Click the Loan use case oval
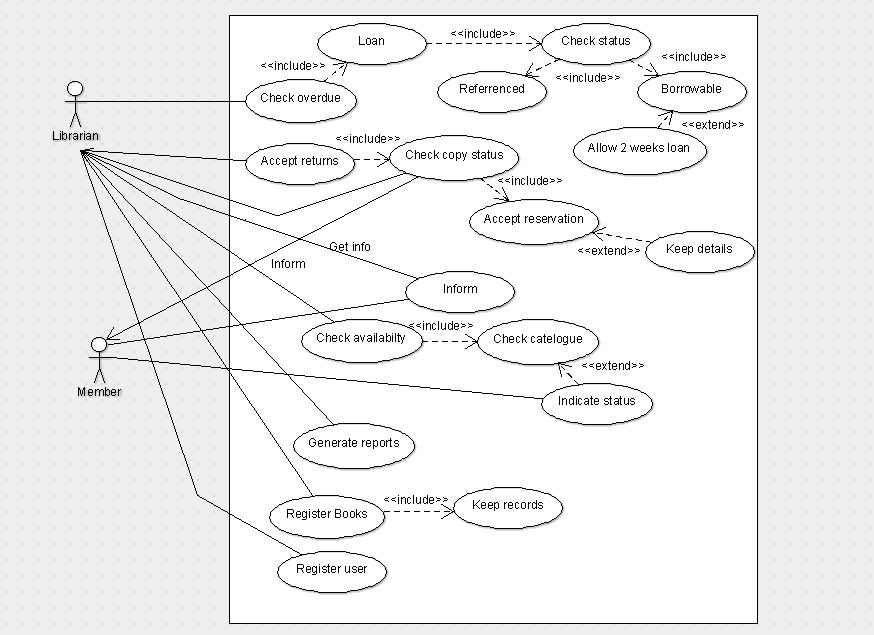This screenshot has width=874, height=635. click(x=371, y=42)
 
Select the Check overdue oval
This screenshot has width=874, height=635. click(x=300, y=99)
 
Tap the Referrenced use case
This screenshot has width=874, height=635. click(x=492, y=89)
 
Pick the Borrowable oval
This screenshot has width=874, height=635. click(x=691, y=89)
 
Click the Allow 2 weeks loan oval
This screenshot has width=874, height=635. click(x=640, y=149)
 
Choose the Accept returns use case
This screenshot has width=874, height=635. click(x=300, y=161)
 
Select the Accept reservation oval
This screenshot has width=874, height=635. click(x=533, y=219)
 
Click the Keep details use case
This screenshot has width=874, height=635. click(x=699, y=249)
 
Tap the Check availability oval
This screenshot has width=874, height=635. click(x=361, y=338)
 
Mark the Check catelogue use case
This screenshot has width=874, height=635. click(x=537, y=339)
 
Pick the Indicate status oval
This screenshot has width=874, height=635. click(x=597, y=402)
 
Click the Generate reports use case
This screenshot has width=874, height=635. click(x=353, y=443)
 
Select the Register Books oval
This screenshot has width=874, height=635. click(x=326, y=515)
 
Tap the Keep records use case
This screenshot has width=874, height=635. click(x=508, y=506)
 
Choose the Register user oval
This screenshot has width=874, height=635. click(x=331, y=570)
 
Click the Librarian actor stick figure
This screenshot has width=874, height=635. click(x=75, y=104)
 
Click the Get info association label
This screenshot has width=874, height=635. click(x=349, y=247)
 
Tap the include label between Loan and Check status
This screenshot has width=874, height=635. click(x=482, y=33)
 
